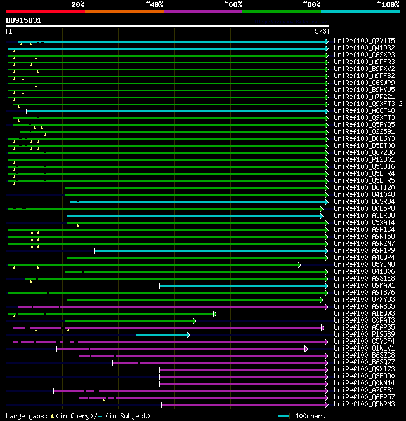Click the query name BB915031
tap(24, 20)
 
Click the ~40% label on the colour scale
tap(154, 4)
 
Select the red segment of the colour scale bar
tap(45, 11)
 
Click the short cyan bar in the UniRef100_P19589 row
tap(162, 335)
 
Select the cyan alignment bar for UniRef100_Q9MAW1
tap(241, 286)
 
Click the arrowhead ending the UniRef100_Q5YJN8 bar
tap(299, 265)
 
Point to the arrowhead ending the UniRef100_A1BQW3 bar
tap(215, 314)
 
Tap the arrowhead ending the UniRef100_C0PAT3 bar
tap(195, 321)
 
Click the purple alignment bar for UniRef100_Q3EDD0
tap(241, 377)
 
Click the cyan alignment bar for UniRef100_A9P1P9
tap(209, 251)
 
